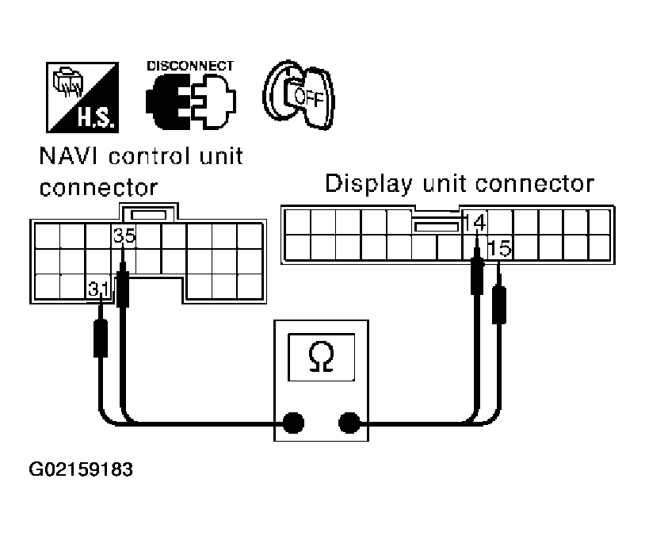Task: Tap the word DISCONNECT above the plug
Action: click(190, 66)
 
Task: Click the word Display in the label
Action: click(365, 184)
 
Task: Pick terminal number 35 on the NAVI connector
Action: click(124, 235)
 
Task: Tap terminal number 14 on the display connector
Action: click(475, 221)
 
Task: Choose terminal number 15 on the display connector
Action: click(499, 248)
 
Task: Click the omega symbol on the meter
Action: click(321, 358)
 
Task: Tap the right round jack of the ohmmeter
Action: click(349, 423)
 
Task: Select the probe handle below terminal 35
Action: click(123, 289)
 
